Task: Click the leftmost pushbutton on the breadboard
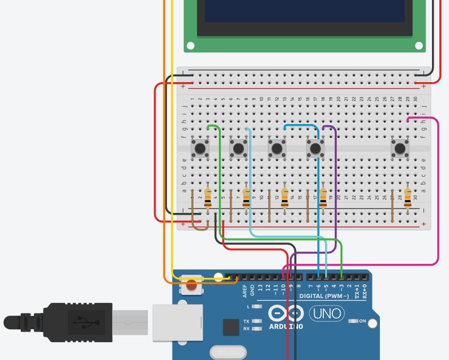(x=201, y=148)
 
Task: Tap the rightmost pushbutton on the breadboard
(x=400, y=148)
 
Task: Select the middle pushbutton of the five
(x=277, y=148)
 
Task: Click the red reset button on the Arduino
(x=192, y=283)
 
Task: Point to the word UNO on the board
(x=326, y=314)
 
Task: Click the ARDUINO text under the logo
(x=286, y=327)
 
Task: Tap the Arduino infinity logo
(x=286, y=313)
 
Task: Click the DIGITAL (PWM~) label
(x=324, y=296)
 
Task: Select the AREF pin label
(x=245, y=290)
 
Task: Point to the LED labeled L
(x=258, y=306)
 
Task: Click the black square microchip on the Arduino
(x=231, y=327)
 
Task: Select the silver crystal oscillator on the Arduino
(x=228, y=352)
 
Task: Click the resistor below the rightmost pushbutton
(x=407, y=198)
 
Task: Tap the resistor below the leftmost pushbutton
(x=208, y=198)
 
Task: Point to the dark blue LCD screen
(x=304, y=11)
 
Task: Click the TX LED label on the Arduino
(x=247, y=321)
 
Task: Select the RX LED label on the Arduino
(x=247, y=328)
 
